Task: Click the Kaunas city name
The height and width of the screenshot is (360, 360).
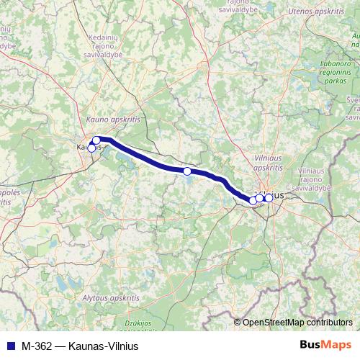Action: point(84,147)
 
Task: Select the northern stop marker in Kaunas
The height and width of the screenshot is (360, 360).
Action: point(96,140)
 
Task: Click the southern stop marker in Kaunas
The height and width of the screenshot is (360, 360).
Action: point(91,148)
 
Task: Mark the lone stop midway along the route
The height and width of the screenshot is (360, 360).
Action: point(187,171)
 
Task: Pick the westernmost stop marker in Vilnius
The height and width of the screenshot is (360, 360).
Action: point(253,201)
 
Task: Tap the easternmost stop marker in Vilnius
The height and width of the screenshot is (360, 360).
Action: point(269,197)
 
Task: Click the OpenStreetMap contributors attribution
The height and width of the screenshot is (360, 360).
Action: point(297,323)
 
